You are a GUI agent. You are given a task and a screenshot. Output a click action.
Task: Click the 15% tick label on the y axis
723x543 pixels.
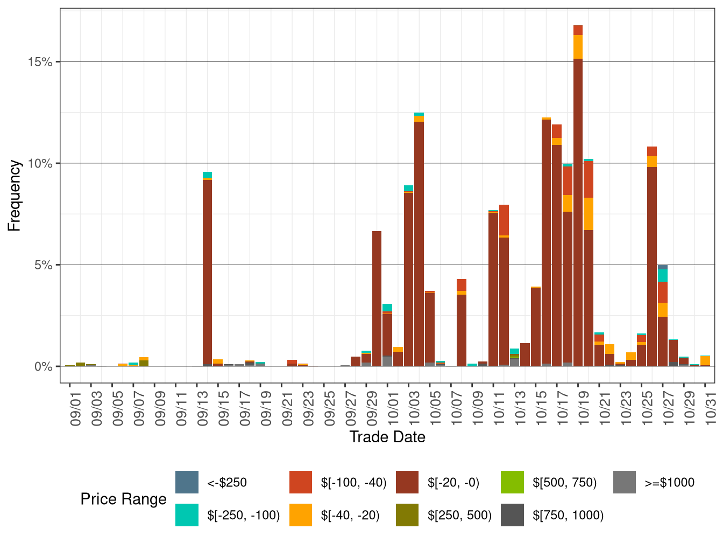coord(40,62)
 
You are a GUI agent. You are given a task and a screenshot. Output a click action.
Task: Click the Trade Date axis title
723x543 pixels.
coord(387,437)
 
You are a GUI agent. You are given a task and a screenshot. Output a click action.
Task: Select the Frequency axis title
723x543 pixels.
coord(15,196)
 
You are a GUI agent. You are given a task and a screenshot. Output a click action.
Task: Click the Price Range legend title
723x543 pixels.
coord(123,499)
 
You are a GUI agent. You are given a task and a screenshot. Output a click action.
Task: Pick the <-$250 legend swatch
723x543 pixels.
coord(187,482)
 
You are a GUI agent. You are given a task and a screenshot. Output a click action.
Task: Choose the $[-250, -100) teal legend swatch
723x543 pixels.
coord(187,515)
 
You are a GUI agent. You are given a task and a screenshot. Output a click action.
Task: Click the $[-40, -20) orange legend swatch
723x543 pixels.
coord(301,515)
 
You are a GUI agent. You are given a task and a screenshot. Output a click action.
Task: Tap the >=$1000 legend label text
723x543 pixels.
coord(669,483)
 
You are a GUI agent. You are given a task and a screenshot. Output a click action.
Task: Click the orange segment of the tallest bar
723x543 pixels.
coord(578,47)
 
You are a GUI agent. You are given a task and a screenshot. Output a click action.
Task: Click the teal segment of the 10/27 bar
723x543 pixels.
coord(663,275)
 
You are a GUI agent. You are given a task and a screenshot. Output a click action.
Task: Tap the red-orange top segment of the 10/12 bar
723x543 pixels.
coord(504,220)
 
